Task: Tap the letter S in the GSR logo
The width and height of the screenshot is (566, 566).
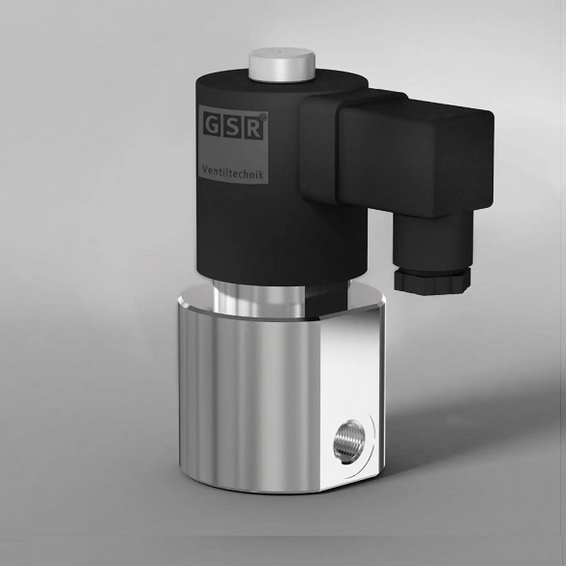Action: [233, 126]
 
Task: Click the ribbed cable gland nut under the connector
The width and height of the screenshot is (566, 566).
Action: [432, 277]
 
